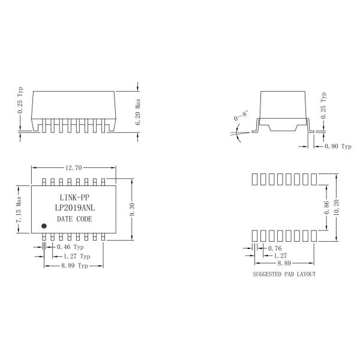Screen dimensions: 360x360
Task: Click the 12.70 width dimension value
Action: [74, 168]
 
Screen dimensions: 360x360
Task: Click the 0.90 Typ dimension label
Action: [337, 146]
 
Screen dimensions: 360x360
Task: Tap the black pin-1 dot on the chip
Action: [44, 226]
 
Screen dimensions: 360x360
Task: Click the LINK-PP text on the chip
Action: [74, 197]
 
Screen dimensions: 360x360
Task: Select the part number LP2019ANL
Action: [74, 208]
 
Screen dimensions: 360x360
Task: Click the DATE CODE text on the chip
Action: [74, 220]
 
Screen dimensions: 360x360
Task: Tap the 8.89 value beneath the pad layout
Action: [285, 263]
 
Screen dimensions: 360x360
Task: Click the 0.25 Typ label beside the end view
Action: [323, 105]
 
